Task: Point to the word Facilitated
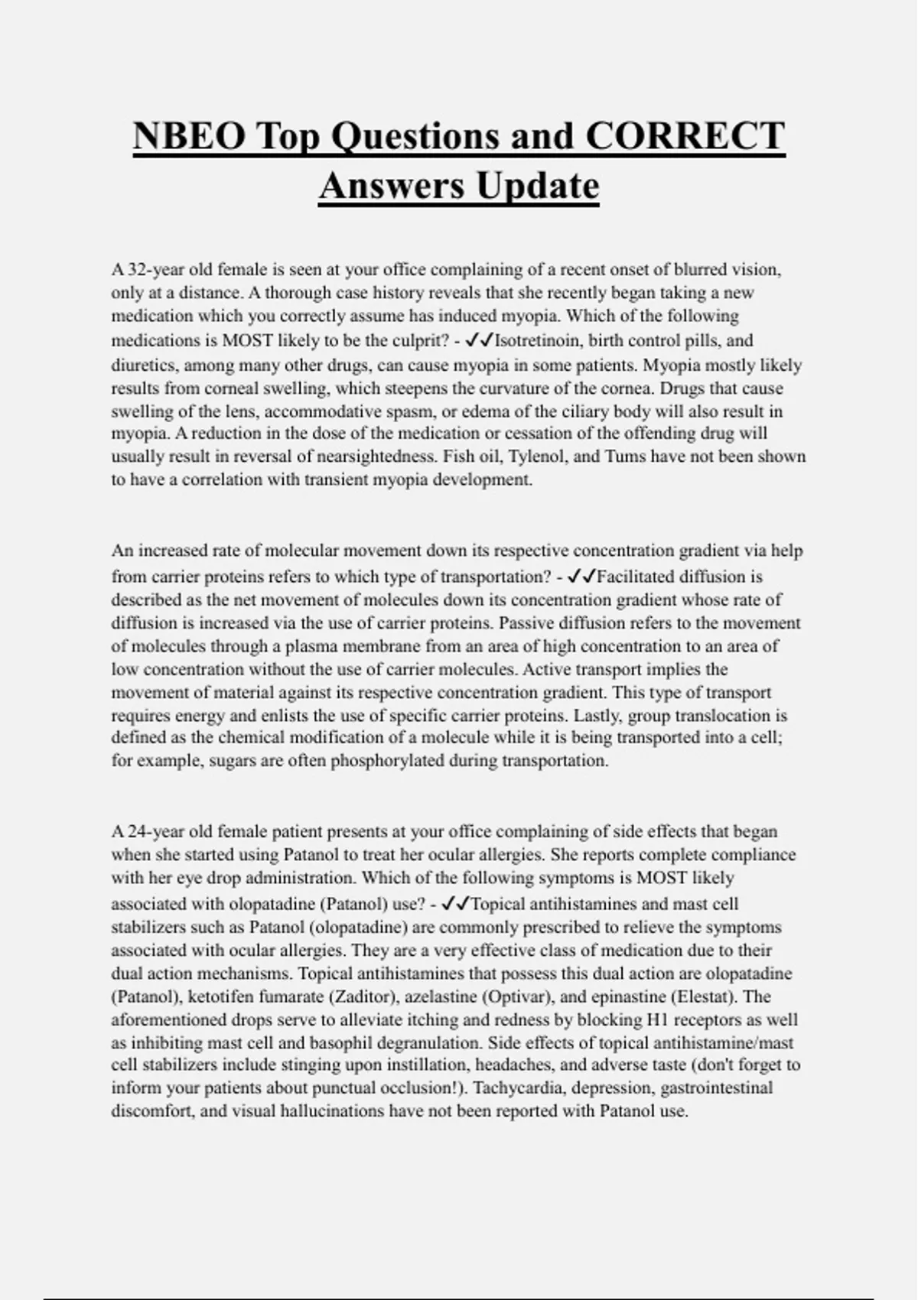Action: pos(641,577)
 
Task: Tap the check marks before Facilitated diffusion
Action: pos(581,576)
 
